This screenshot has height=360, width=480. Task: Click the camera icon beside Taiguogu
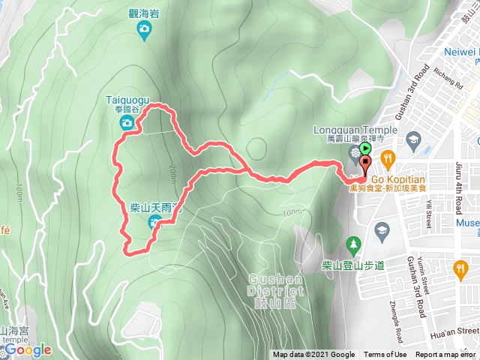click(127, 122)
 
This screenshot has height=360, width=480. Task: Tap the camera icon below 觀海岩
click(144, 29)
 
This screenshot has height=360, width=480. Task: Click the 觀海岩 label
click(144, 12)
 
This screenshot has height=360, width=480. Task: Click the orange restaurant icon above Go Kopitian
click(388, 158)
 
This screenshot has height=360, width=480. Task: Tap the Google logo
click(28, 349)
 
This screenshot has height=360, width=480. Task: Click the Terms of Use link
click(385, 355)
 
